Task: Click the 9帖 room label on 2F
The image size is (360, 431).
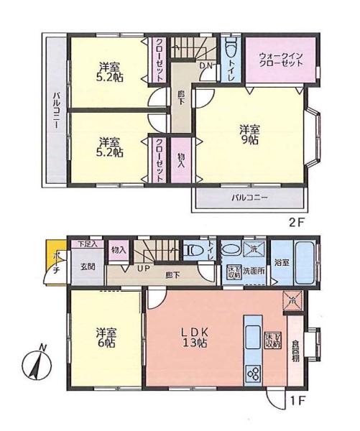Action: (x=249, y=134)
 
